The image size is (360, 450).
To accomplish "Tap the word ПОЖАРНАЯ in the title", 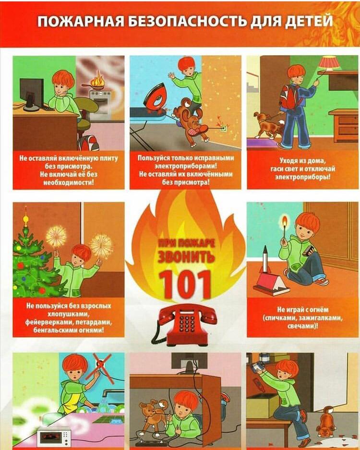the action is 80,22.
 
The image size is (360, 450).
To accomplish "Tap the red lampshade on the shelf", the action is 329,63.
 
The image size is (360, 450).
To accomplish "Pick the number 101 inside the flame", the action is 185,284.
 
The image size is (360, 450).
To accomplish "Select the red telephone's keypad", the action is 187,323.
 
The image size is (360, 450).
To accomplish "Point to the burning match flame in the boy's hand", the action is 285,221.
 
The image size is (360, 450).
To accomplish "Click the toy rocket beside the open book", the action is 265,259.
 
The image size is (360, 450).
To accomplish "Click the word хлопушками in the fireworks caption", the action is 68,314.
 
